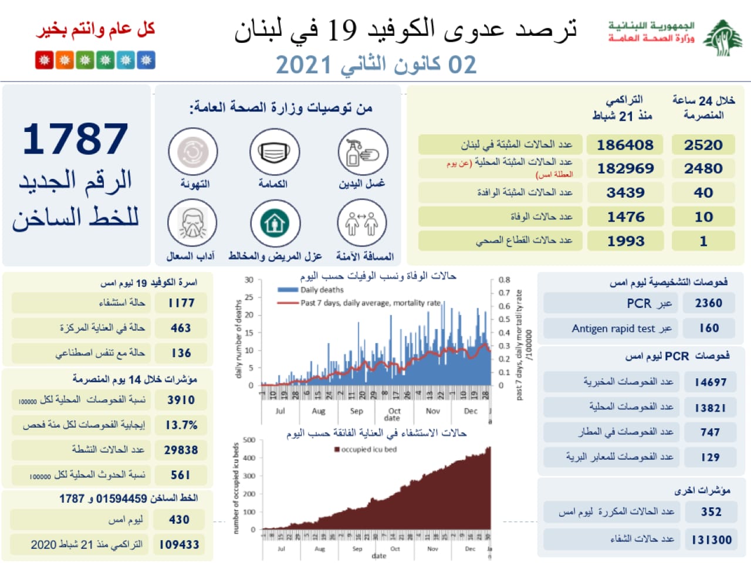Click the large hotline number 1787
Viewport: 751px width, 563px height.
coord(75,139)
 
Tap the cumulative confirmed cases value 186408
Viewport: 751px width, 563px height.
coord(625,145)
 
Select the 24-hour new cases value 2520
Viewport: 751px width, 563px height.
coord(703,145)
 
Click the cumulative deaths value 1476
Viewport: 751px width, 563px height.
coord(625,217)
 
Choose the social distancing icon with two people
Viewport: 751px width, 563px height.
coord(361,223)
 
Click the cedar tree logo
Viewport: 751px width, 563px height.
coord(723,38)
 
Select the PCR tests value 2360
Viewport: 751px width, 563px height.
coord(708,303)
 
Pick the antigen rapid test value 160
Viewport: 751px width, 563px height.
coord(709,328)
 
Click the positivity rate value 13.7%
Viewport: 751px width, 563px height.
coord(181,425)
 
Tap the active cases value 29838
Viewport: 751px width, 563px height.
coord(181,450)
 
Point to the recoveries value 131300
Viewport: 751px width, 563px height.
coord(711,540)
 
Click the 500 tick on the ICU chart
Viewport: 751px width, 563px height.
coord(249,440)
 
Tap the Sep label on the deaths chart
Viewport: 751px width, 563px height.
coord(356,411)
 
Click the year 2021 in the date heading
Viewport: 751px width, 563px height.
coord(304,65)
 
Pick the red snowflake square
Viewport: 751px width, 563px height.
coord(44,60)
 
